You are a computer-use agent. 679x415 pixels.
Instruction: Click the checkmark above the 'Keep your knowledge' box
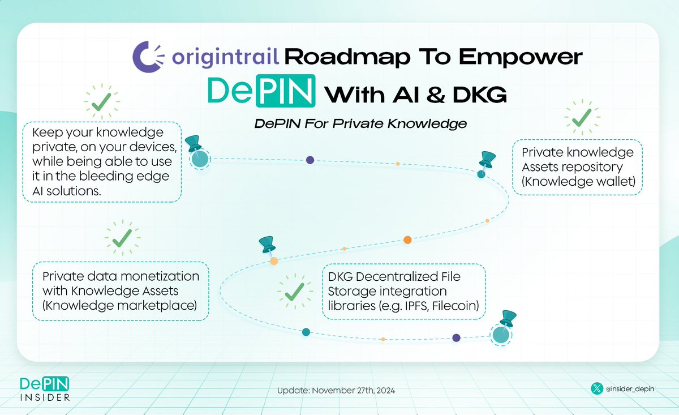tap(101, 102)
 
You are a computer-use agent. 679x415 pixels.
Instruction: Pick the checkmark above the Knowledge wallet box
tap(581, 119)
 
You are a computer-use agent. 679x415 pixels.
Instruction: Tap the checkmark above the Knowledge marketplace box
tap(122, 239)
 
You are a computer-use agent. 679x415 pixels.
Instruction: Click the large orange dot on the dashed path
tap(407, 239)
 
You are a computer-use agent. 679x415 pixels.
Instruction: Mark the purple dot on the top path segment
tap(310, 160)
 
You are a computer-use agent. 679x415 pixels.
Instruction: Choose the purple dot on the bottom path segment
tap(456, 338)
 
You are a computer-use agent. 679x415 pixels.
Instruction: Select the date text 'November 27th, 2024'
tap(354, 391)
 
